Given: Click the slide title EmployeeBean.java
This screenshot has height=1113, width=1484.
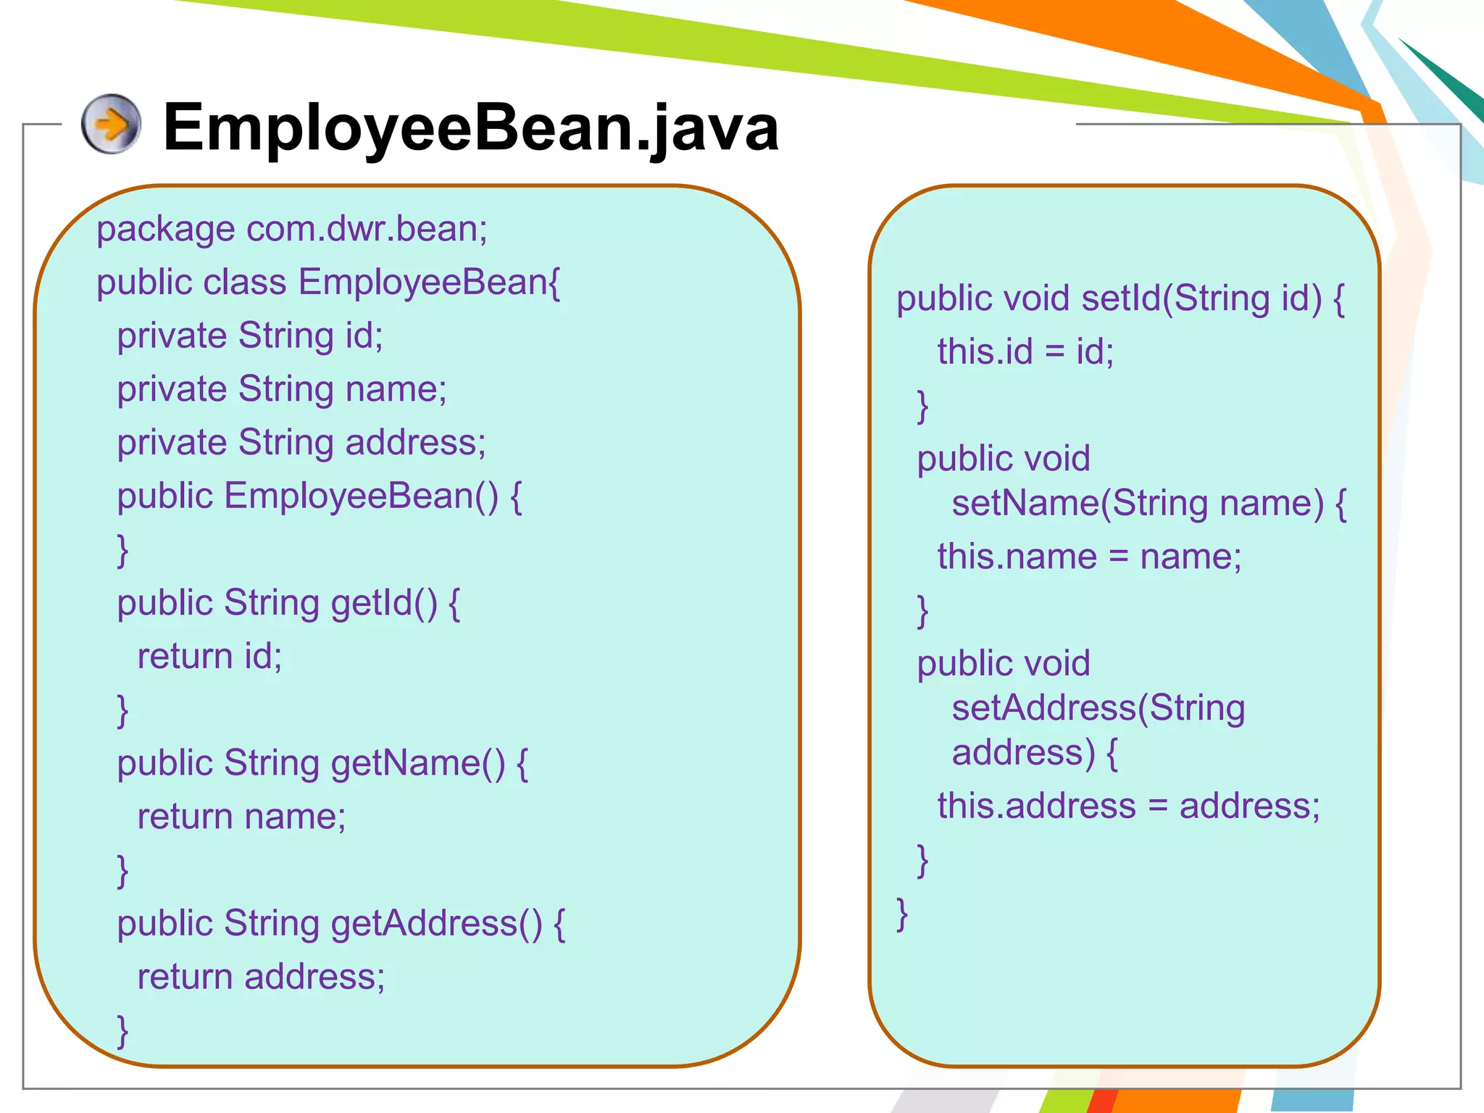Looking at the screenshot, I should (x=471, y=128).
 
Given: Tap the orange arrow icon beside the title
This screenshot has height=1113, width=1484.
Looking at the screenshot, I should (x=111, y=124).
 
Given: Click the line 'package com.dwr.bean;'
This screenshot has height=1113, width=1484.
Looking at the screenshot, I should (x=292, y=229).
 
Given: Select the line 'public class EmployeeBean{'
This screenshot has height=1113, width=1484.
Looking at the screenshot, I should (x=328, y=283).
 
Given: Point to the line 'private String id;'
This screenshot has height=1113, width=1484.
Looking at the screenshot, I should (x=250, y=336).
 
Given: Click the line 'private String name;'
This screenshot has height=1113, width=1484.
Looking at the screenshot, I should (x=282, y=389).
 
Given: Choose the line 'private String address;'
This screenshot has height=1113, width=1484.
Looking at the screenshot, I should (x=301, y=443).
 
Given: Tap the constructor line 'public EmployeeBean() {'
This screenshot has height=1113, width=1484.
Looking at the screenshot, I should (x=320, y=496).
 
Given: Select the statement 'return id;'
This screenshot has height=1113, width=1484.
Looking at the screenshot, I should (x=209, y=656).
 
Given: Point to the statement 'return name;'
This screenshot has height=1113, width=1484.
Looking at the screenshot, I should (x=241, y=817).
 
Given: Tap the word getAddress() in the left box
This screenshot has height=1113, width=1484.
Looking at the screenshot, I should (x=436, y=924).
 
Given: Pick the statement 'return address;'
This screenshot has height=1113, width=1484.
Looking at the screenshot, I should (x=261, y=977).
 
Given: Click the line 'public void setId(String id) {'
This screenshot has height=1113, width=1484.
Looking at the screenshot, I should (x=1120, y=299).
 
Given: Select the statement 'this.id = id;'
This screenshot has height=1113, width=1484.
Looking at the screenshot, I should (x=1025, y=351).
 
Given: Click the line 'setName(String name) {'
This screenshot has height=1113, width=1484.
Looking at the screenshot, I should (x=1149, y=503).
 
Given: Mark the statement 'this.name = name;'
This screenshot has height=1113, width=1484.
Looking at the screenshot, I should (x=1089, y=556).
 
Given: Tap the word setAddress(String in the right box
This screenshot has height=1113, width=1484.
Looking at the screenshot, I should (x=1099, y=708).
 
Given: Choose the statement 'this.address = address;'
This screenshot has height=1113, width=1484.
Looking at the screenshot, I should (x=1128, y=806).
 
